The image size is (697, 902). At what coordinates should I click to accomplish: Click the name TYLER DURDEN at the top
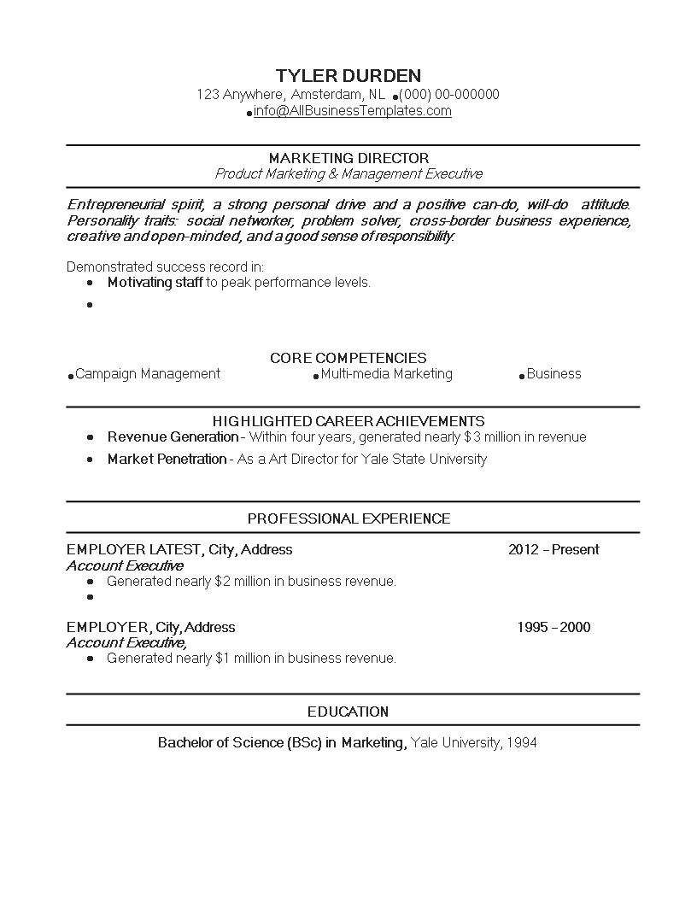click(348, 75)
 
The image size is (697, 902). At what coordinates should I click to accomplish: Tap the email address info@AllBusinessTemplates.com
click(352, 111)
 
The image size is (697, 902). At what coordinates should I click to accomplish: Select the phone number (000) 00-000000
click(449, 94)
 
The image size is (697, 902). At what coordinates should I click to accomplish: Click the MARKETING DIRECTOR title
click(348, 158)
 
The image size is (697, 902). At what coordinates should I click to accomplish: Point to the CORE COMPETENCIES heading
click(348, 358)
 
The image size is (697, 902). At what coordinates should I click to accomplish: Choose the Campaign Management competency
click(148, 373)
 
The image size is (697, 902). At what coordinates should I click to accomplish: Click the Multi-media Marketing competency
click(386, 373)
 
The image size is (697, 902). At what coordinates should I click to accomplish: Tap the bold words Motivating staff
click(155, 282)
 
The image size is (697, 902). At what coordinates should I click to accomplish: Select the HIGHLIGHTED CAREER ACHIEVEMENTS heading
click(348, 421)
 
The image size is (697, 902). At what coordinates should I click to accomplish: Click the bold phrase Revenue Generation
click(173, 436)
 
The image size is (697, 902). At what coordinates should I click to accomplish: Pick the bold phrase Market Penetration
click(167, 459)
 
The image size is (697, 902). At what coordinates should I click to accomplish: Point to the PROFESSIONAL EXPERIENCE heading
click(348, 518)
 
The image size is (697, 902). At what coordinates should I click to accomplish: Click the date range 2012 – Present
click(553, 549)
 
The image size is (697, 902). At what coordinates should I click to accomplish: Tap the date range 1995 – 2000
click(553, 627)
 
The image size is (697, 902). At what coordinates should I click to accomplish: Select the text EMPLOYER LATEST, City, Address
click(179, 549)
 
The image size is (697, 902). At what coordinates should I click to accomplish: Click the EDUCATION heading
click(348, 712)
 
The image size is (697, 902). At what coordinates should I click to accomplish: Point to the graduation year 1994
click(521, 742)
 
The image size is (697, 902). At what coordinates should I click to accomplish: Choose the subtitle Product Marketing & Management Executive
click(348, 173)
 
